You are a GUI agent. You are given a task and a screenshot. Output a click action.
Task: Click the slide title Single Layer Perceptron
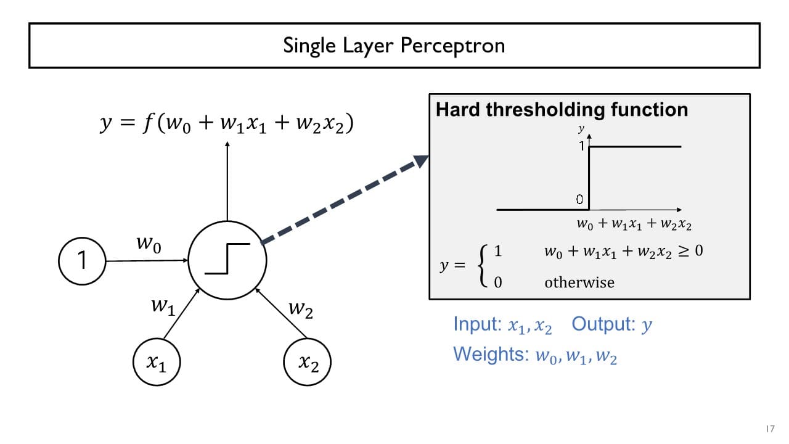click(394, 45)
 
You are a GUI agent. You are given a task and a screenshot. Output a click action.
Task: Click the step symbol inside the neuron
click(227, 258)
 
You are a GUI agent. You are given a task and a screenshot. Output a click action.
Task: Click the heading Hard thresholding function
click(562, 110)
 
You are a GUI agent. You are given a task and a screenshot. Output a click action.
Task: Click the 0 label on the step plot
click(579, 199)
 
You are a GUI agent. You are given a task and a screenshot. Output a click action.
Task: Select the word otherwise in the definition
click(579, 282)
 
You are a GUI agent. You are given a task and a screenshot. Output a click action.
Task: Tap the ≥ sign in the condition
click(681, 251)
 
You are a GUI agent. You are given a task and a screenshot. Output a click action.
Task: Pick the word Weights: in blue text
click(491, 354)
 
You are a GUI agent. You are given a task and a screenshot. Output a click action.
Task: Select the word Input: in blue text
click(477, 324)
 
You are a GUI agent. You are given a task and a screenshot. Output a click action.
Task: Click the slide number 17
click(769, 429)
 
